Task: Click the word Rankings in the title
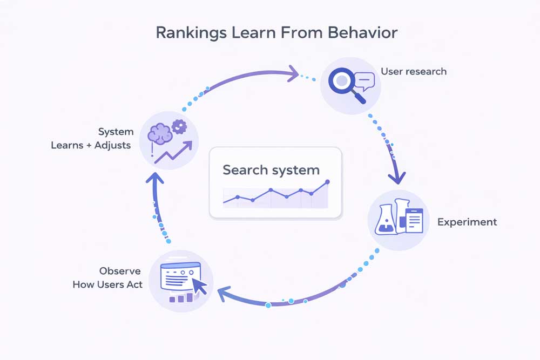(x=190, y=33)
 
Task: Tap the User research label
(x=413, y=71)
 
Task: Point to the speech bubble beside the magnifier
(x=365, y=81)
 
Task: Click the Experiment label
(x=467, y=222)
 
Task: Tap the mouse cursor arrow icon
(x=199, y=283)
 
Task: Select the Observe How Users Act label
(x=107, y=277)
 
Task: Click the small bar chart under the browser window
(x=181, y=297)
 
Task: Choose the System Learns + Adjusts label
(x=91, y=139)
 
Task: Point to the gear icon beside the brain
(x=179, y=127)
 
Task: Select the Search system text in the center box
(x=271, y=170)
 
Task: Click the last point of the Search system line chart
(x=327, y=182)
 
